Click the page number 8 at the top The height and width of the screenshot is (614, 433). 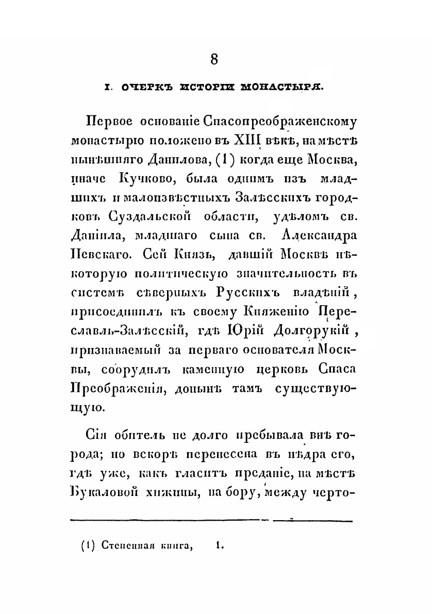(214, 59)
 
